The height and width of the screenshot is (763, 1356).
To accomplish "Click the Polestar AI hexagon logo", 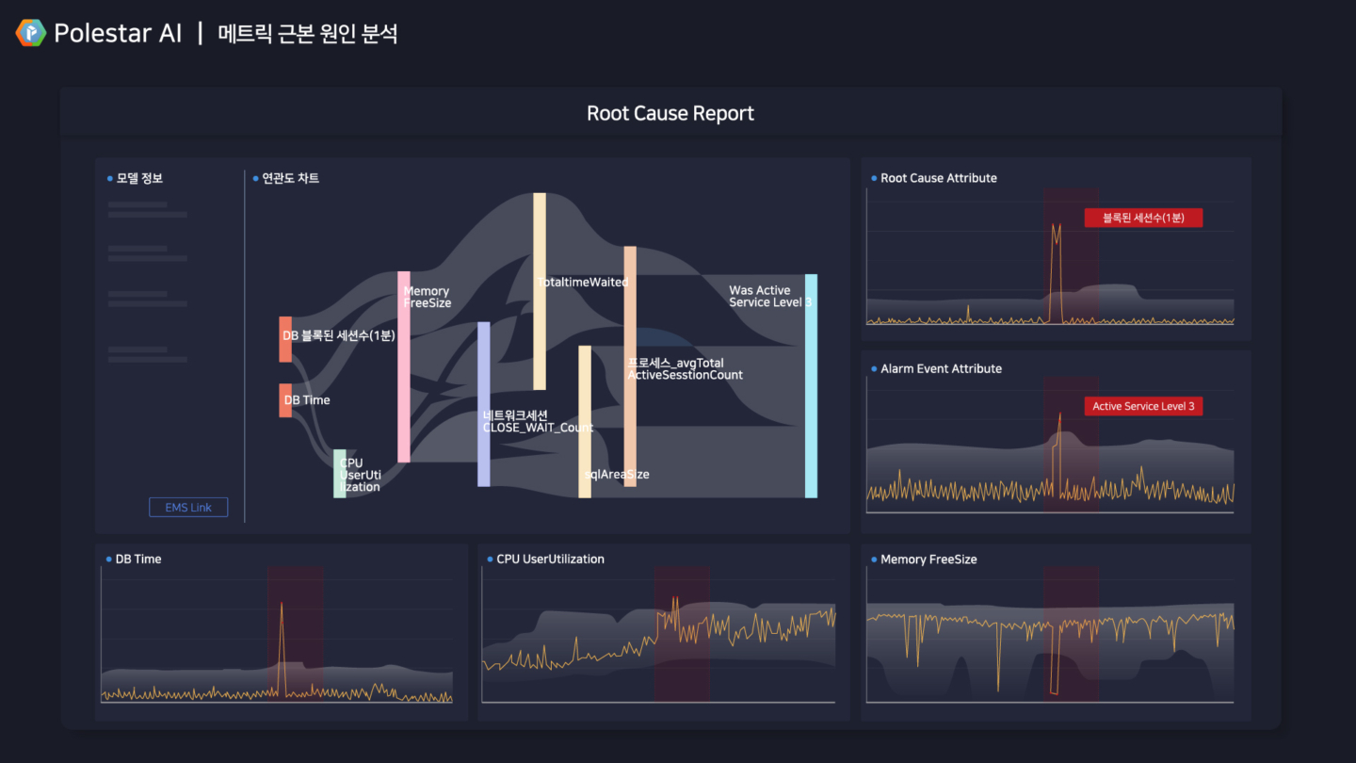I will pyautogui.click(x=31, y=34).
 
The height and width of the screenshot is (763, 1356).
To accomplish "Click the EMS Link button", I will pyautogui.click(x=188, y=508).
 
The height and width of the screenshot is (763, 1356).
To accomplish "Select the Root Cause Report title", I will pyautogui.click(x=670, y=114).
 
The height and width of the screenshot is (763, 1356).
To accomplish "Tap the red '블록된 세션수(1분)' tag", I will pyautogui.click(x=1143, y=218).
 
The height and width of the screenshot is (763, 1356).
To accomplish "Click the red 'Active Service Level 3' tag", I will pyautogui.click(x=1143, y=406).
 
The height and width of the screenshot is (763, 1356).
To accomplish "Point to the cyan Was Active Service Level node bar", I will pyautogui.click(x=811, y=385).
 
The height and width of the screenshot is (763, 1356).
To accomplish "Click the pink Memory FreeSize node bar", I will pyautogui.click(x=404, y=367).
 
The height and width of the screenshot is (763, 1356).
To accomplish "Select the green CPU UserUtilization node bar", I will pyautogui.click(x=340, y=474).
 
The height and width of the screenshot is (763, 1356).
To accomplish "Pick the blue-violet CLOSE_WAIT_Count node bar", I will pyautogui.click(x=484, y=404).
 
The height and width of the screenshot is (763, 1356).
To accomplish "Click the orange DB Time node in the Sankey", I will pyautogui.click(x=285, y=400).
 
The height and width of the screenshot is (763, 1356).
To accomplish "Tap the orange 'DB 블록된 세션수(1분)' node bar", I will pyautogui.click(x=285, y=339).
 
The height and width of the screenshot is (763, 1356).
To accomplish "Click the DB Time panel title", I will pyautogui.click(x=138, y=560).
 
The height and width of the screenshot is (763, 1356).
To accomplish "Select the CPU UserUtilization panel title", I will pyautogui.click(x=550, y=560).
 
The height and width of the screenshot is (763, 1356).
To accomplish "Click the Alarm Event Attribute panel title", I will pyautogui.click(x=941, y=369).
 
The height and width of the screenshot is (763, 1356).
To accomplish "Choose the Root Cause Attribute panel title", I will pyautogui.click(x=938, y=178).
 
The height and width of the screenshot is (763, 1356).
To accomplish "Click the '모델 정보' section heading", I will pyautogui.click(x=139, y=178).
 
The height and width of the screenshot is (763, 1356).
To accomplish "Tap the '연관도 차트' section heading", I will pyautogui.click(x=289, y=178).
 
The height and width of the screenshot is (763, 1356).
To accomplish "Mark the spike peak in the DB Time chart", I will pyautogui.click(x=281, y=604).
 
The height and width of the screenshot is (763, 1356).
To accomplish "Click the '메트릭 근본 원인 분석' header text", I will pyautogui.click(x=308, y=34).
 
